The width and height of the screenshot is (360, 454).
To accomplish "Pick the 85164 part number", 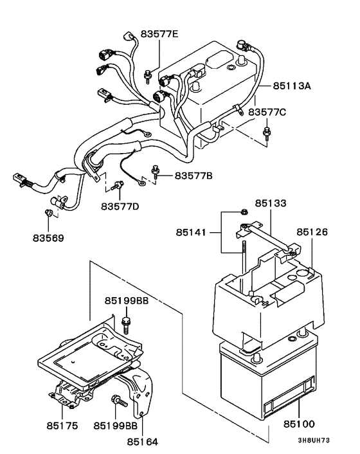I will [x=143, y=442].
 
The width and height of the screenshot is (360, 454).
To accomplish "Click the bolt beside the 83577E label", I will [x=148, y=75].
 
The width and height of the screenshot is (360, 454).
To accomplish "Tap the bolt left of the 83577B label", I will [x=156, y=171].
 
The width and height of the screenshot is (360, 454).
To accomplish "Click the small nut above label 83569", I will [x=48, y=213].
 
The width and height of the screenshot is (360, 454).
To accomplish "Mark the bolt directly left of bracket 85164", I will [x=119, y=401].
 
